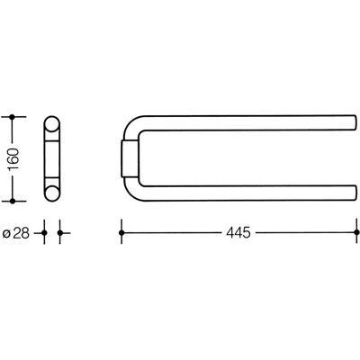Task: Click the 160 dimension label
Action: point(13,158)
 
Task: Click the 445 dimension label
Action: point(238,233)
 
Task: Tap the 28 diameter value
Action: point(22,233)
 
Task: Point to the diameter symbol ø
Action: point(6,233)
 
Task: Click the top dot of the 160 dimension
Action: point(12,117)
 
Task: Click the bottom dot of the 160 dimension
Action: point(13,201)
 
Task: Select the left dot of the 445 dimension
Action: point(121,232)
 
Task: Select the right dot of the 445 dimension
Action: point(356,232)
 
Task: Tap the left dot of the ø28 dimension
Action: point(44,232)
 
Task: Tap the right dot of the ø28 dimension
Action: point(60,232)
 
